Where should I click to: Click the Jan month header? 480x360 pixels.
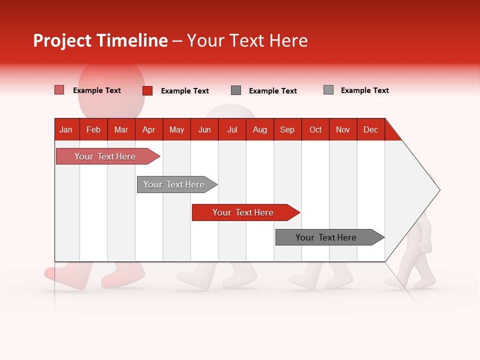[66, 129]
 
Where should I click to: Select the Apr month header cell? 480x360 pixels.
[149, 129]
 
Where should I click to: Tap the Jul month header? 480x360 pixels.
[232, 129]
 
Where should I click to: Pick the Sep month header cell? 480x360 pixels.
[287, 129]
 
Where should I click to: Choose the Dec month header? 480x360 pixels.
[370, 129]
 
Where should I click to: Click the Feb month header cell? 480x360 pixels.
[93, 129]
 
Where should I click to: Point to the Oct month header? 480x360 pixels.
[315, 129]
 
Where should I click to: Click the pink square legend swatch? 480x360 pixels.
[59, 90]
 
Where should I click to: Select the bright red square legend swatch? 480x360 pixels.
[147, 90]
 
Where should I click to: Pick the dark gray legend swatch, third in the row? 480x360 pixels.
[236, 90]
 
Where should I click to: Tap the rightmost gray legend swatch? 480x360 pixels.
[328, 90]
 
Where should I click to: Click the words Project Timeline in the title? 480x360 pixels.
[100, 40]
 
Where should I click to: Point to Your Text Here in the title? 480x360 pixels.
[247, 40]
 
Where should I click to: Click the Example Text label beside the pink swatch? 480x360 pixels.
[97, 90]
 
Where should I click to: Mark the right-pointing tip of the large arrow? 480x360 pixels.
[439, 190]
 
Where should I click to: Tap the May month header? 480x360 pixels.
[176, 129]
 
